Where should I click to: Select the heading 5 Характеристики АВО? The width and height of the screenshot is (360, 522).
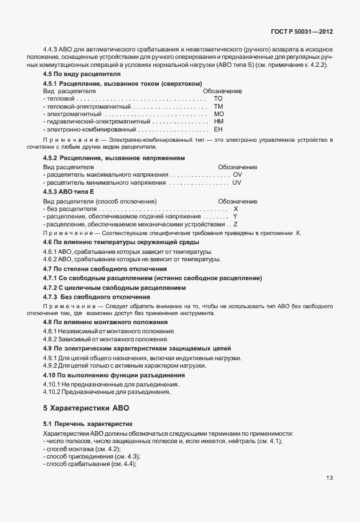[86, 408]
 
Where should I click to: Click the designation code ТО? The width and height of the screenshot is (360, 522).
[218, 99]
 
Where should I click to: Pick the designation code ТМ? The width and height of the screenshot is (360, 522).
[218, 106]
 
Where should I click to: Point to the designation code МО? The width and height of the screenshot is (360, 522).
[218, 114]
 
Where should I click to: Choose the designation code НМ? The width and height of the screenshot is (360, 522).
[218, 122]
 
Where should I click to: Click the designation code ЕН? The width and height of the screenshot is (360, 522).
[218, 130]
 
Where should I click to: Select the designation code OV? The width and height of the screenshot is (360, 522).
[238, 174]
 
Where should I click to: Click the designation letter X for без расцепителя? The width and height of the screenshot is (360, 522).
[235, 209]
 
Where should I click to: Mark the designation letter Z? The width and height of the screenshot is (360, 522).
[235, 225]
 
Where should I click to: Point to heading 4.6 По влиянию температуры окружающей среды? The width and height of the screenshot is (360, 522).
[113, 242]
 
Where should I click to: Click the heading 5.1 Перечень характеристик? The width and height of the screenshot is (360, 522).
[88, 424]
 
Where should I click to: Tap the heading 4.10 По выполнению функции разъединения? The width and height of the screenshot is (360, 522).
[114, 375]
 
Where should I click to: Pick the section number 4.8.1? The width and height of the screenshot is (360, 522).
[51, 332]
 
